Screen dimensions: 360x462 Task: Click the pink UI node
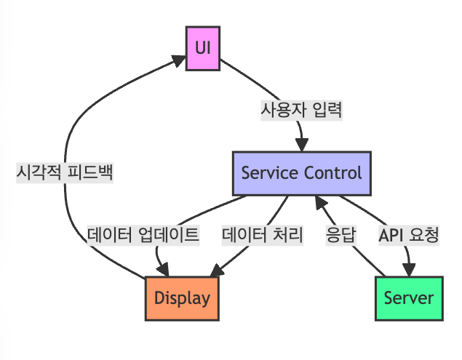(x=203, y=48)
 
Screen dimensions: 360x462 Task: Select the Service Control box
(x=301, y=173)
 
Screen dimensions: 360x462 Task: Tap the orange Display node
(x=182, y=297)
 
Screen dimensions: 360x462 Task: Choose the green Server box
(x=409, y=297)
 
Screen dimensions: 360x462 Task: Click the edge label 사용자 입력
(x=301, y=111)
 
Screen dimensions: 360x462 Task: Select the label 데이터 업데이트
(x=143, y=236)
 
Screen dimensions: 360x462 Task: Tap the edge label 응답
(x=340, y=236)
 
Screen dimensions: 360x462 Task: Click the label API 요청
(x=409, y=236)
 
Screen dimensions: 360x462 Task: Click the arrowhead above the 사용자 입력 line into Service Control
(x=300, y=145)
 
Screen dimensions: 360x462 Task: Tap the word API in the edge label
(x=392, y=236)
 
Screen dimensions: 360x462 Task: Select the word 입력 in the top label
(x=326, y=111)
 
